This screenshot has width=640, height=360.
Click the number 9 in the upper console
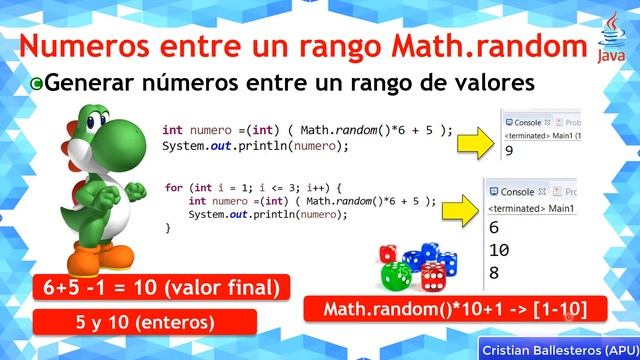point(510,151)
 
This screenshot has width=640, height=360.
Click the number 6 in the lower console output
point(493,227)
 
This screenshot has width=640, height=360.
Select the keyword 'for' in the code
point(174,188)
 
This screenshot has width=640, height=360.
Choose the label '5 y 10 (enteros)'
point(145,323)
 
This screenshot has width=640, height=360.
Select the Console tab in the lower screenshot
point(518,191)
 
